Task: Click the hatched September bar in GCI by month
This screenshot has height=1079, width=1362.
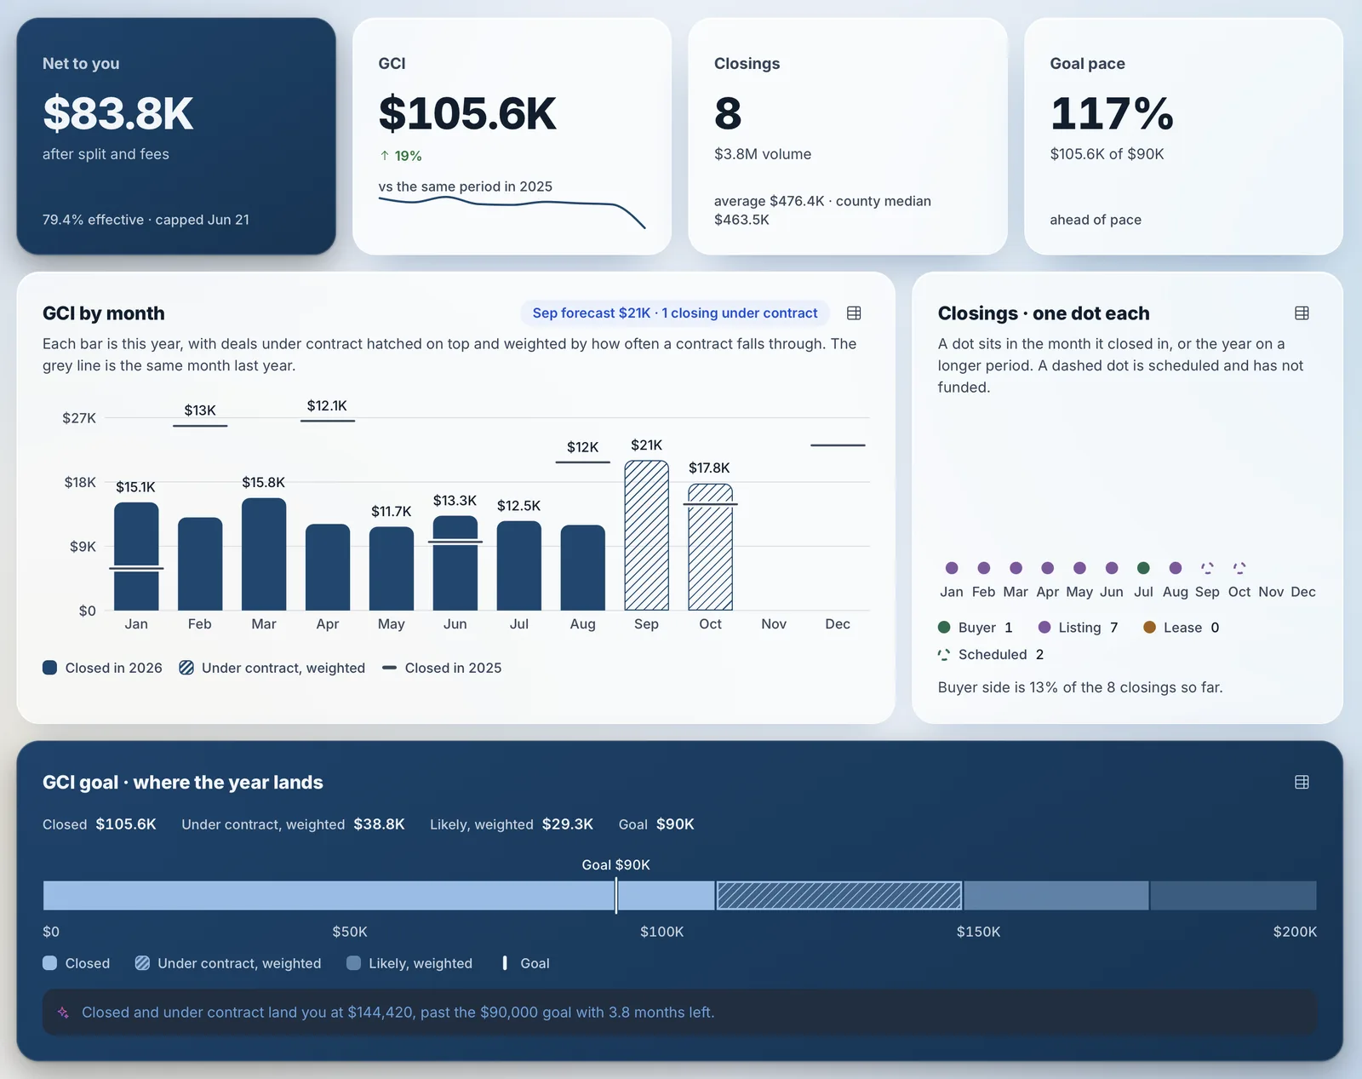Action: coord(646,535)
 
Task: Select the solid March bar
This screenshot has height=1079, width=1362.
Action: coord(263,554)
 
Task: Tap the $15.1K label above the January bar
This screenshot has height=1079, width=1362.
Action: coord(135,487)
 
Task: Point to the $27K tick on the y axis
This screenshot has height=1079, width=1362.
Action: coord(79,418)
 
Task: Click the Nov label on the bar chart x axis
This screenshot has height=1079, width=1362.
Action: coord(774,623)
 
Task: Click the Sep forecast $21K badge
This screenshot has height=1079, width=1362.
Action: coord(675,313)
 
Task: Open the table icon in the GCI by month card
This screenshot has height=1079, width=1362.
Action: coord(854,313)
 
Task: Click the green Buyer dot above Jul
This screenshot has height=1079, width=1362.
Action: coord(1143,568)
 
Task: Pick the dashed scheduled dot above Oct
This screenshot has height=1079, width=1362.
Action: coord(1239,568)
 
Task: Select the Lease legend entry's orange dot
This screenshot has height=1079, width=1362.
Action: coord(1149,627)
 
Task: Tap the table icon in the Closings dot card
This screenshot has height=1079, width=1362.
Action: coord(1302,313)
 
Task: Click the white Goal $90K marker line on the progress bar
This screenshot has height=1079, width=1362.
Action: coord(615,895)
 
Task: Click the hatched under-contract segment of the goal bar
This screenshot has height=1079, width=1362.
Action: coord(838,895)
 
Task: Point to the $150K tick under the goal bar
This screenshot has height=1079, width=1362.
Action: coord(978,932)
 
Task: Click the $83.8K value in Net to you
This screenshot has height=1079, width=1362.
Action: coord(117,114)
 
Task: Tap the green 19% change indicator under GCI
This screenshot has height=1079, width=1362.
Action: coord(401,156)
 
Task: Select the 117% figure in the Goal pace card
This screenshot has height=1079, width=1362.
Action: coord(1112,114)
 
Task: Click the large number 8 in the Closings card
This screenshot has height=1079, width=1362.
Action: coord(728,114)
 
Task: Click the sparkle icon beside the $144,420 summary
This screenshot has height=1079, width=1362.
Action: coord(63,1012)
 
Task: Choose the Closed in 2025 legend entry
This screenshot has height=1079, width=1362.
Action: coord(442,668)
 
